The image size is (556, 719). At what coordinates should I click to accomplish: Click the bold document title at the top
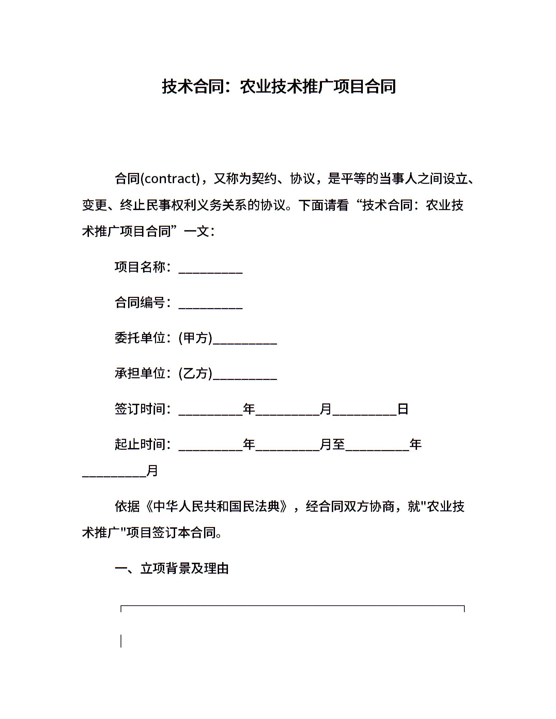278,86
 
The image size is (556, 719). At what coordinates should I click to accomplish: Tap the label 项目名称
140,267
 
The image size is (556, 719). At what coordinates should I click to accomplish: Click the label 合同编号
140,302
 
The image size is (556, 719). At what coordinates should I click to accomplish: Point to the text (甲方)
195,338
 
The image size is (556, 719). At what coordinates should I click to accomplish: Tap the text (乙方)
195,373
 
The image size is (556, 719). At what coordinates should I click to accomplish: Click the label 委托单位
140,338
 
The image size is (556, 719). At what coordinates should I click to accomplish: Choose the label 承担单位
140,373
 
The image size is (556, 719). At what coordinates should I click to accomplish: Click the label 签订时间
140,409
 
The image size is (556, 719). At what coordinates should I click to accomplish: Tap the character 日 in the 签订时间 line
403,409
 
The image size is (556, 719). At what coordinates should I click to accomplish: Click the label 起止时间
140,444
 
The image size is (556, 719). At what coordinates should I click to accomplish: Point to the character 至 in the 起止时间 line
339,444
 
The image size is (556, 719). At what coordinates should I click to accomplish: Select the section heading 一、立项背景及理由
172,568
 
